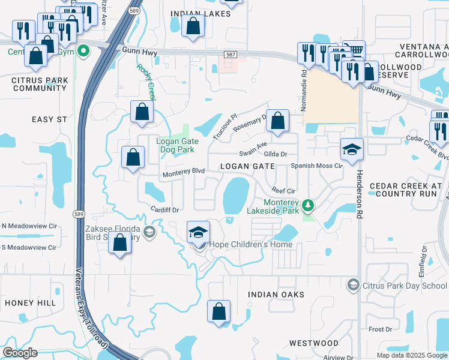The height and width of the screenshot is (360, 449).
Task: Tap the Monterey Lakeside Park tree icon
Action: pos(308,206)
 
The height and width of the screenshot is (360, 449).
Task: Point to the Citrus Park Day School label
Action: pos(405,285)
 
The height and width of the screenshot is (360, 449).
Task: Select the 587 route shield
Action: pos(230,55)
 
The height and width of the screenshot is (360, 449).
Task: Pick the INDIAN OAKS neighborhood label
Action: pos(277,295)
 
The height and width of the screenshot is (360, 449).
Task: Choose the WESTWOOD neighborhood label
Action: pos(313,343)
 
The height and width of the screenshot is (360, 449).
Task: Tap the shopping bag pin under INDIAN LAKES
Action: pos(193,26)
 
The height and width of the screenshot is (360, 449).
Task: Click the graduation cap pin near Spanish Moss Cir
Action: pos(352,149)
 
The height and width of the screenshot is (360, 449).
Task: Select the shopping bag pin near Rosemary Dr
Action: pos(277,121)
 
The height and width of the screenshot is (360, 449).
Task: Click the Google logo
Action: pos(20,353)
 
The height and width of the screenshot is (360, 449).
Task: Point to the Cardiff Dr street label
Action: pos(166,210)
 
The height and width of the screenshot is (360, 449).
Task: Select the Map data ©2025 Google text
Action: pos(412,355)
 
